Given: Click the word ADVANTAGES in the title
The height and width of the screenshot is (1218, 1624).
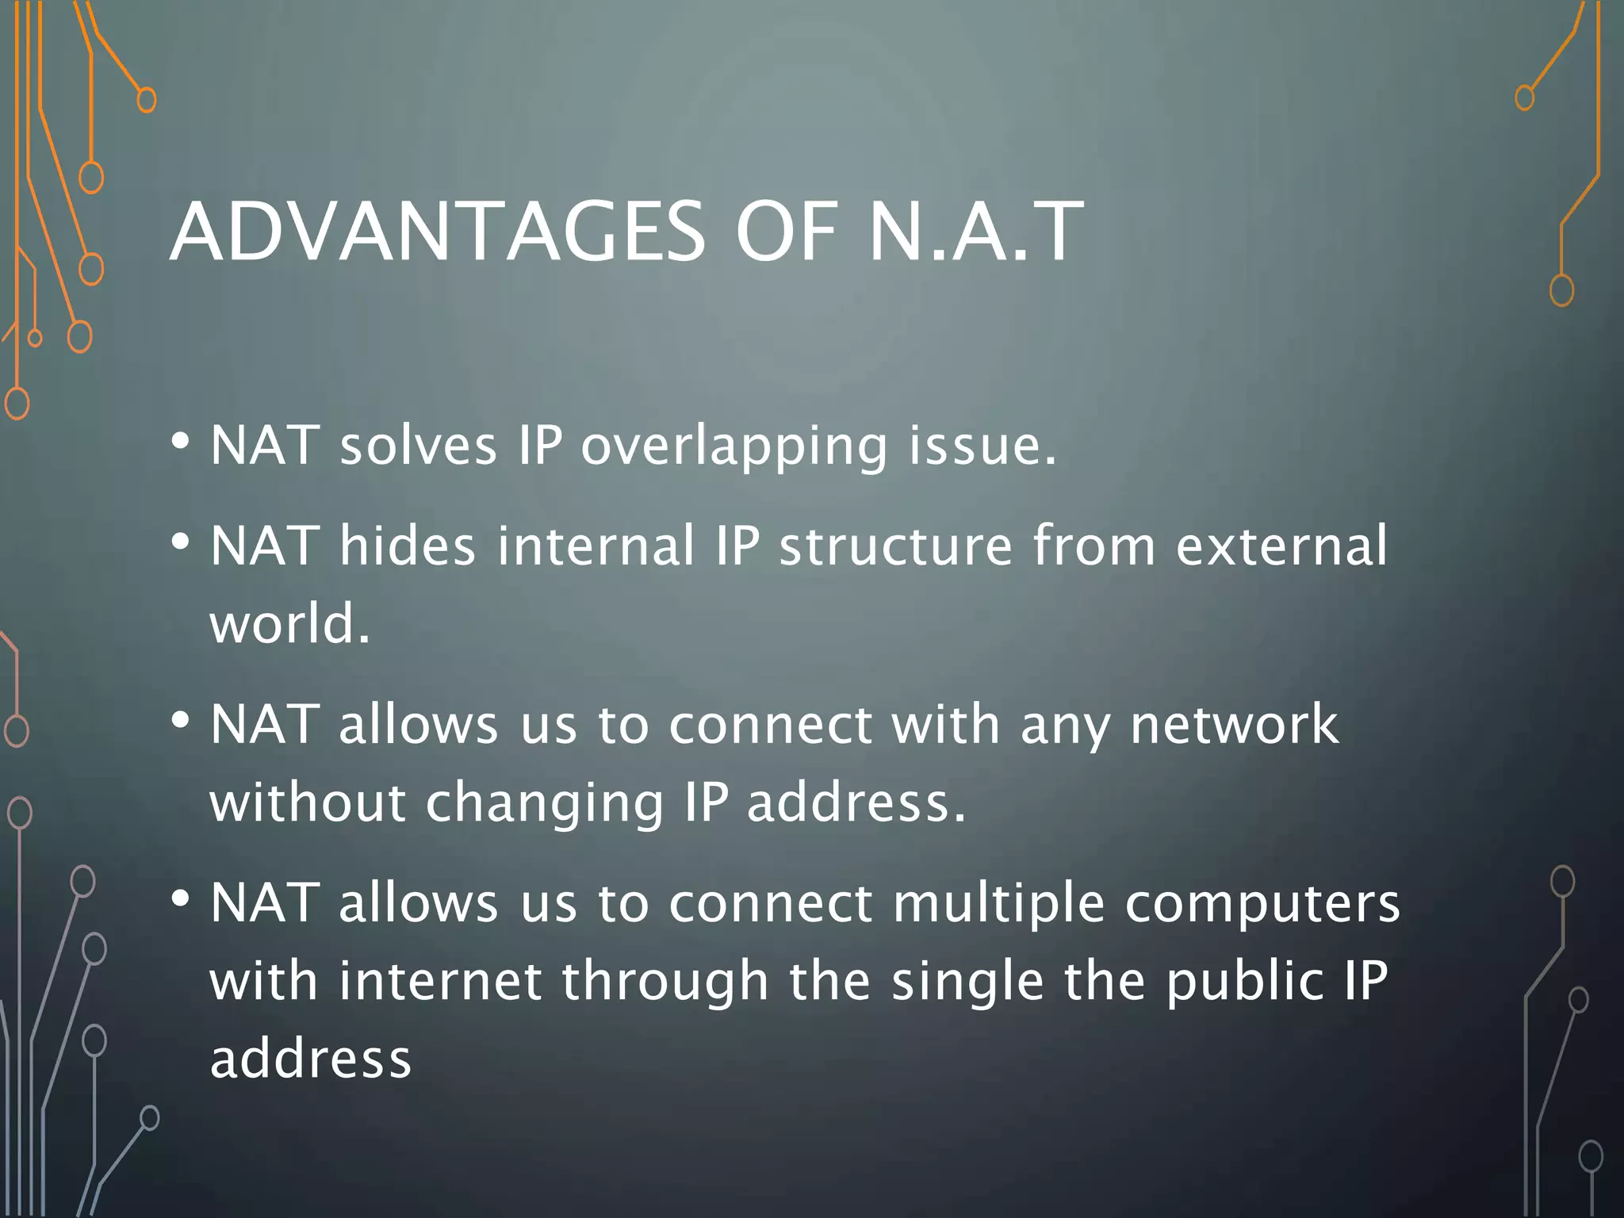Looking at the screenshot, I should tap(437, 232).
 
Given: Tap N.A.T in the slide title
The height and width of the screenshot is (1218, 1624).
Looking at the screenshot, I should tap(976, 232).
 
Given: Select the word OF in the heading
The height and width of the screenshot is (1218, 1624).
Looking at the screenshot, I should tap(786, 232).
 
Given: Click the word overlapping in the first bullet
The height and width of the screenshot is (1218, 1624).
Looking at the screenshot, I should tap(734, 446).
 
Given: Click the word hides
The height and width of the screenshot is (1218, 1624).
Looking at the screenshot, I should tap(408, 546).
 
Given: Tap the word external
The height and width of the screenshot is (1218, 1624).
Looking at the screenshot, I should tap(1281, 546).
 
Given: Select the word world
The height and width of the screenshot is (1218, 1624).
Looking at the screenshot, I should tap(289, 623).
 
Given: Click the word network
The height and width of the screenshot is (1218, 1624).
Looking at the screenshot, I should tap(1234, 724).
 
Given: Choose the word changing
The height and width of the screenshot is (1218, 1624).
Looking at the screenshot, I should tap(545, 803).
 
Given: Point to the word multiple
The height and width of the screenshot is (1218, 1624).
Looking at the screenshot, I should tap(998, 904).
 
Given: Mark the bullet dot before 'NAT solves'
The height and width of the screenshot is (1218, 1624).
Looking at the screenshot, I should tap(180, 441).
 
